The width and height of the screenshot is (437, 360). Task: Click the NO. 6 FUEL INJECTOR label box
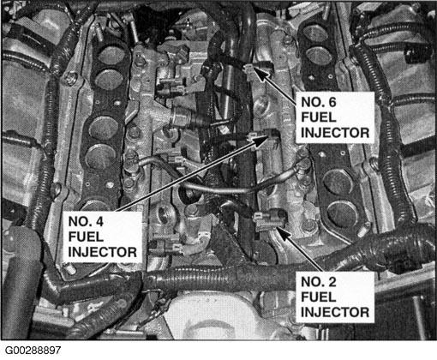point(335,117)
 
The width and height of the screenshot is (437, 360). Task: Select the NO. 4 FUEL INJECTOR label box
point(103,237)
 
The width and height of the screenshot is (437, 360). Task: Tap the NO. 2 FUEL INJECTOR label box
point(335,297)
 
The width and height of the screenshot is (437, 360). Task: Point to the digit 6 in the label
point(332,102)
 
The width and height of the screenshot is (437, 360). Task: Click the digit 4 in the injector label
point(99,221)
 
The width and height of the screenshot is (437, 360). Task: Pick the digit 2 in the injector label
point(332,282)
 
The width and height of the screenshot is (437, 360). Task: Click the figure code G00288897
point(33,351)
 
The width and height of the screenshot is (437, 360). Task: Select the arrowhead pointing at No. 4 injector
point(260,141)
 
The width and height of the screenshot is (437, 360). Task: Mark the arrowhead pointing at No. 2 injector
point(284,233)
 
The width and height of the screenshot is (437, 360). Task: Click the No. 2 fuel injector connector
point(270,219)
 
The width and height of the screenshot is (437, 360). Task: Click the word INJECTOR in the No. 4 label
point(103,252)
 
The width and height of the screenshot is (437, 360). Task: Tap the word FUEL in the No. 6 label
point(318,117)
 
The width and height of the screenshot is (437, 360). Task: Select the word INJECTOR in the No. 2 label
point(335,312)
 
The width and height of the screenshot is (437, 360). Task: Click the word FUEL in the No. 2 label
point(318,297)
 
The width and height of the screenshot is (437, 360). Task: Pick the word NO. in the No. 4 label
point(80,221)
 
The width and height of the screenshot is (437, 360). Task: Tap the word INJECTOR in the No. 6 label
point(335,133)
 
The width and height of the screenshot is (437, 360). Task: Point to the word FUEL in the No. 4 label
point(86,237)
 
